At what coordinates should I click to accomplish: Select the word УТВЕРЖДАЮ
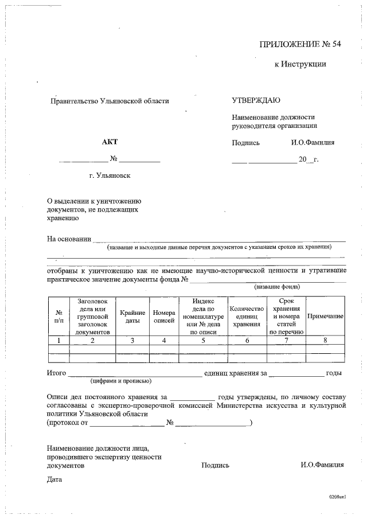[256, 100]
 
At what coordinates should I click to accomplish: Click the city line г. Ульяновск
[110, 175]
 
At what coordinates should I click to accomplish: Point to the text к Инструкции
[300, 64]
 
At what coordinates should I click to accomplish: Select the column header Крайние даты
[132, 316]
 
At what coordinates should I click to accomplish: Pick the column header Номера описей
[164, 316]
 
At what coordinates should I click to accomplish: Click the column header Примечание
[325, 316]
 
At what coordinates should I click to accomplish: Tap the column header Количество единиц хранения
[247, 316]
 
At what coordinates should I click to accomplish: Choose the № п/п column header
[58, 316]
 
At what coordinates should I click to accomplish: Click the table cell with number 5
[203, 340]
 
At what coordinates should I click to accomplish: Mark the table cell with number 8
[325, 340]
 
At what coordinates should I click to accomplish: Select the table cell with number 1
[58, 340]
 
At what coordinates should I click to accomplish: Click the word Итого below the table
[56, 373]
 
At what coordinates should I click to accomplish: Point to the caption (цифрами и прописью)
[120, 381]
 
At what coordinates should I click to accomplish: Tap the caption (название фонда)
[278, 287]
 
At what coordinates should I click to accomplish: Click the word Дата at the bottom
[54, 479]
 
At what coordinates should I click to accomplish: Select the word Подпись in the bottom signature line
[215, 466]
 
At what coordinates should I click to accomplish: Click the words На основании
[69, 239]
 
